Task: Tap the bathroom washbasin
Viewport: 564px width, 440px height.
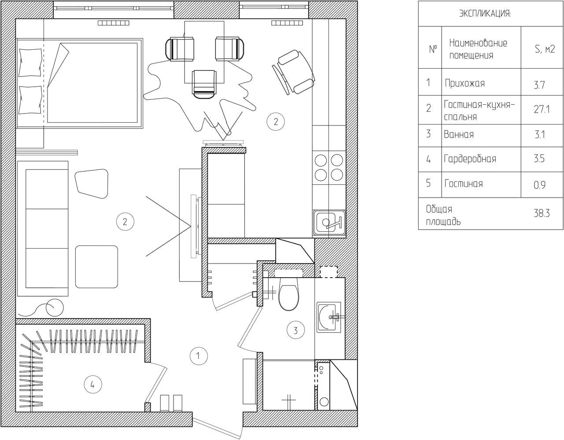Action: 328,317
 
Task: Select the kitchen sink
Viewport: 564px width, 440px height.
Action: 329,223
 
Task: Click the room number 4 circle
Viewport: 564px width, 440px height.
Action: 93,385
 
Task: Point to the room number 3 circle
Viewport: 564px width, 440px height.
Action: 295,330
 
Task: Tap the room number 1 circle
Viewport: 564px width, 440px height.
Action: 199,356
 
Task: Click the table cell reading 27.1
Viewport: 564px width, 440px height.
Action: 542,110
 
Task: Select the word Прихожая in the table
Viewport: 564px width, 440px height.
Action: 464,84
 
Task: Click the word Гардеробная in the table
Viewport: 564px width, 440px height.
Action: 470,159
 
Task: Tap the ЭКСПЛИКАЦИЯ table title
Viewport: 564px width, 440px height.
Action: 485,14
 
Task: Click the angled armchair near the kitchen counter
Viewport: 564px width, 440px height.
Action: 294,72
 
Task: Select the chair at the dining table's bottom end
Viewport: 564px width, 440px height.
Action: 204,84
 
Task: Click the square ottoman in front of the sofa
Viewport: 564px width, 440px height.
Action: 96,267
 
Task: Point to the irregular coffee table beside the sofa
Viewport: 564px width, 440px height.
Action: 92,183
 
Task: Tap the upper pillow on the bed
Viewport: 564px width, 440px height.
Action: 30,62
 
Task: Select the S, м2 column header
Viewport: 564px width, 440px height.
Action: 545,49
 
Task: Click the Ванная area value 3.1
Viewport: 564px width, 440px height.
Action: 540,135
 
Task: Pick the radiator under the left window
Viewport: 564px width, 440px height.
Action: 114,23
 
